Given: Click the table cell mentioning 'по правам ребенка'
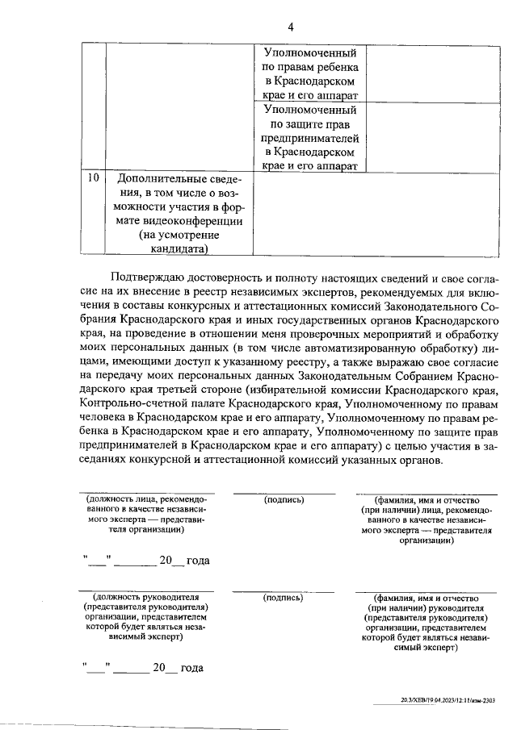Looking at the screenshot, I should click(310, 74).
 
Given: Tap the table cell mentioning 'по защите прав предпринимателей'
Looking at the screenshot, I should click(310, 137).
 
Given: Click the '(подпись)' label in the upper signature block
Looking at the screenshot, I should click(284, 500).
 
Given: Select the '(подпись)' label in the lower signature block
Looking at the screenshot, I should click(284, 598).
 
